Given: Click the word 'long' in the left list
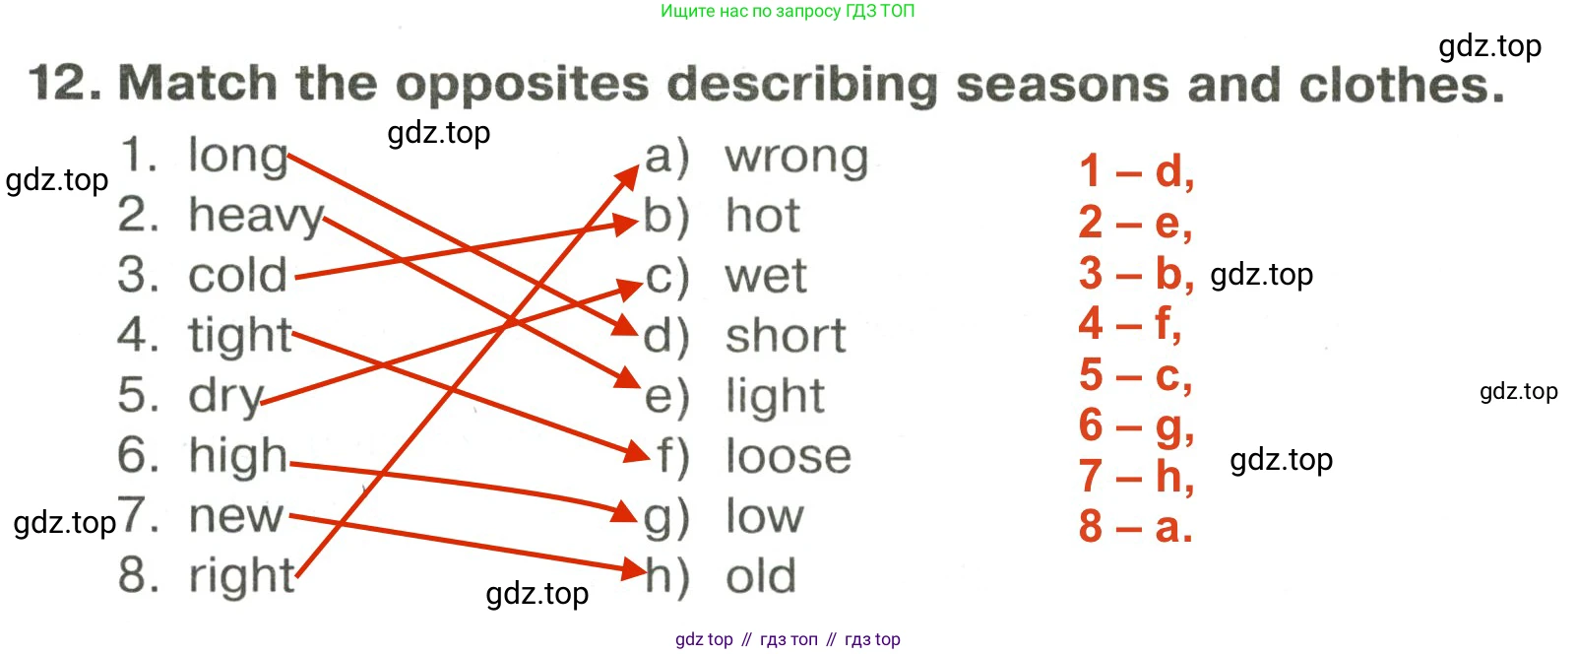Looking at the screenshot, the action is pos(238,158).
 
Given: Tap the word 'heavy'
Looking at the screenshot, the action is pos(256,217).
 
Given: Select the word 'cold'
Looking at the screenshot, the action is pos(238,275).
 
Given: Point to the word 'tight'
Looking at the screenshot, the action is pos(240,337).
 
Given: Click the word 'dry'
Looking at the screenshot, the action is pos(226,398).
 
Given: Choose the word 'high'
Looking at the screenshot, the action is pos(238,457).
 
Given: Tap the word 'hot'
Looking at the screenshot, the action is pos(763,215).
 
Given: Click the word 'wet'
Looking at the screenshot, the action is pos(766,276).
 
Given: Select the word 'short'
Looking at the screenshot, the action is pos(786,336).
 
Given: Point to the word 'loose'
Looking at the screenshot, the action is pos(788,457).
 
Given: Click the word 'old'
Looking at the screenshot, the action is pos(761,576).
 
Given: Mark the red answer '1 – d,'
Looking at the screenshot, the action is pos(1136,171).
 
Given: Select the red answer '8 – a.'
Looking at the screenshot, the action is pos(1136,526).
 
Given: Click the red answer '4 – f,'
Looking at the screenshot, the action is pos(1130,323).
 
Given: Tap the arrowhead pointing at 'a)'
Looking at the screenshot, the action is pos(627,178).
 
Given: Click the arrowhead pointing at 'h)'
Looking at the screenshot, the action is pos(634,568).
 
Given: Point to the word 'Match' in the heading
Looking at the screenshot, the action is pos(198,83).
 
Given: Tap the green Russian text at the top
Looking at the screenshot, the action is pos(788,11).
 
